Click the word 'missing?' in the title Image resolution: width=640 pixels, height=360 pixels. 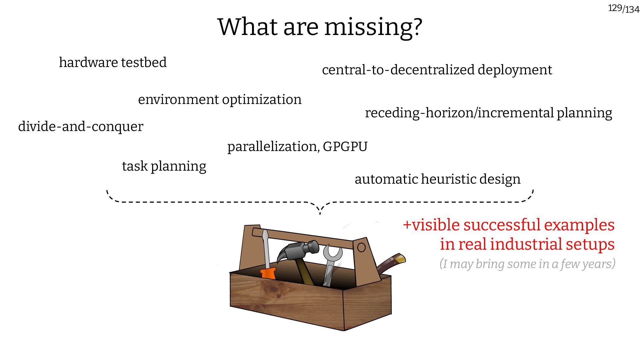coord(373,27)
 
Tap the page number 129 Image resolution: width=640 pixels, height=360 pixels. coord(615,8)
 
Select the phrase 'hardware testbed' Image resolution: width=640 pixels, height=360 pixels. coord(113,63)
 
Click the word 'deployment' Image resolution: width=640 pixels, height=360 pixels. coord(515,70)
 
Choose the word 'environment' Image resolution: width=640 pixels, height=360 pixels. coord(178,100)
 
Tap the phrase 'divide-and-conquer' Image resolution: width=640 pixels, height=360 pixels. coord(81,127)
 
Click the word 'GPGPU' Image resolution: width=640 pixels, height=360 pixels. coord(345,147)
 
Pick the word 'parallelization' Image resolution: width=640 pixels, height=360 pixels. coord(272,147)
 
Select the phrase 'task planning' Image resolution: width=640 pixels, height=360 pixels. coord(164,166)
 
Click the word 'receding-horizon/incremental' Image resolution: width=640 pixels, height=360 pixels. coord(459,113)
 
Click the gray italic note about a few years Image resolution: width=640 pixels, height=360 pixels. coord(527,264)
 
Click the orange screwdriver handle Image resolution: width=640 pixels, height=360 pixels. coord(268,273)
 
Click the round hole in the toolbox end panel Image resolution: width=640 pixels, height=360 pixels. coord(361,247)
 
